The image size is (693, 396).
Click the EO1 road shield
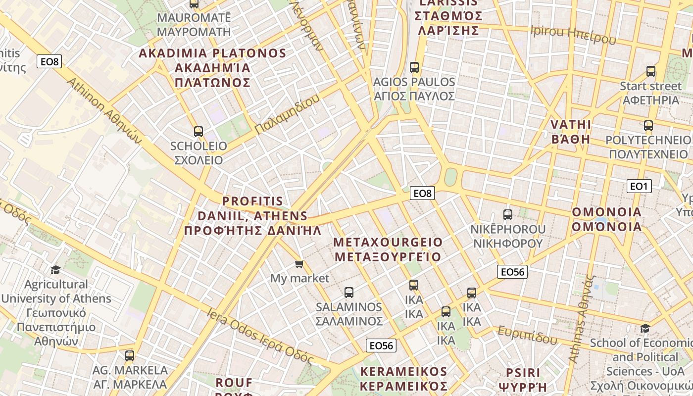coord(639,186)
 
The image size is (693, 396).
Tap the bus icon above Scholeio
coord(198,132)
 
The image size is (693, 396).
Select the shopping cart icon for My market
coord(299,264)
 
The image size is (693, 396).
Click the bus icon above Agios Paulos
coord(414,67)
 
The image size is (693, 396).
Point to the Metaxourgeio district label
coord(388,249)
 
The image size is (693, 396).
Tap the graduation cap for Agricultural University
coord(55,270)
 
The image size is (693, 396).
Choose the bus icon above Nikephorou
coord(508,215)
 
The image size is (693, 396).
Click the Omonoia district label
coord(607,219)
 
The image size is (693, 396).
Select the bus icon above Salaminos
coord(349,293)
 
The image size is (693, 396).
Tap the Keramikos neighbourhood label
coord(404,379)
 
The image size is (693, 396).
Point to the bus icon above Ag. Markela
coord(130,355)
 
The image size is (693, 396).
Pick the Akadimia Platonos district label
coord(212,68)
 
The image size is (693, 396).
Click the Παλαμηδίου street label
coord(287,114)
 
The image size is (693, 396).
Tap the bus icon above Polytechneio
coord(648,126)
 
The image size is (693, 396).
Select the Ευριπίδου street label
coord(527,335)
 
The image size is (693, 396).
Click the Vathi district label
coord(571,131)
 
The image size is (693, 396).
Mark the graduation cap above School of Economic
coord(645,328)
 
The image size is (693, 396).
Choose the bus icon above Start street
coord(651,71)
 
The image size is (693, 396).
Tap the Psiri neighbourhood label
coord(523,379)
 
